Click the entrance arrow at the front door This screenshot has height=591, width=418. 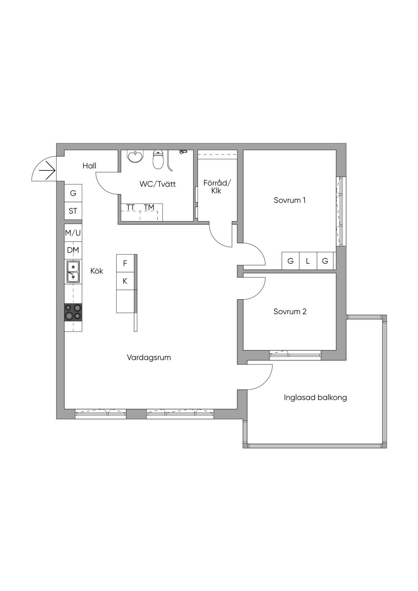point(47,170)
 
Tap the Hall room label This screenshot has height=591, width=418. point(89,166)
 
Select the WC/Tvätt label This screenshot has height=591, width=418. point(157,184)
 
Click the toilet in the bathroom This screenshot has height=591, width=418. point(158,159)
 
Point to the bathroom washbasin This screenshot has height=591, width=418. point(135,156)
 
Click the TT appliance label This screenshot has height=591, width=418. point(131,207)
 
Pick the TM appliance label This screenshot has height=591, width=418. point(149,207)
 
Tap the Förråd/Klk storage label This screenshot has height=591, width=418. point(217,187)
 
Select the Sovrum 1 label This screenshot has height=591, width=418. point(290,200)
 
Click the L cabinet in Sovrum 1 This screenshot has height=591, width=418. point(308,261)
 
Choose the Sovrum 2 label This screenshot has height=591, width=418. point(290,312)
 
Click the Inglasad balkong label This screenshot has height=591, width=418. point(315,397)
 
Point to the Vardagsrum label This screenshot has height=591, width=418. point(149,358)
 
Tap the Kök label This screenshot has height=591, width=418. point(97,271)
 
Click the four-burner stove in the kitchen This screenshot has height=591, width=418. point(73,312)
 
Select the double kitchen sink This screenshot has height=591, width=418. point(73,272)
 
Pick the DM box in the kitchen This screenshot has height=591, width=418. point(73,250)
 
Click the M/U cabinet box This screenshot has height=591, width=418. point(73,233)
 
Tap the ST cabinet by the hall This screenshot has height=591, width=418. point(73,211)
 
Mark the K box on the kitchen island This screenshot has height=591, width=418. point(125,281)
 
